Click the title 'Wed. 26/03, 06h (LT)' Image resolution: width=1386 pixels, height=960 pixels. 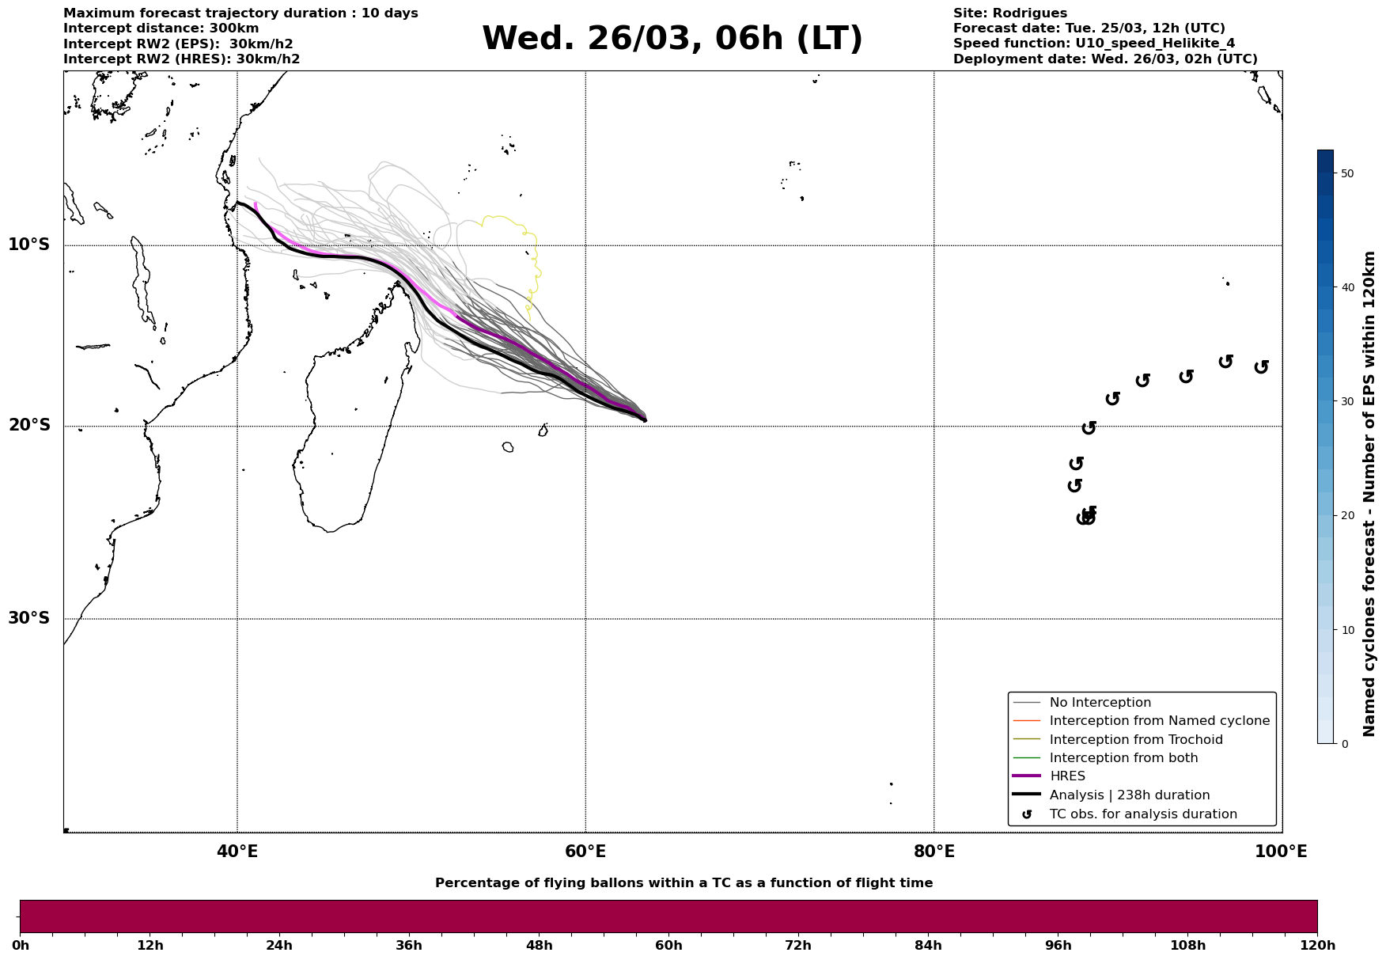(x=672, y=39)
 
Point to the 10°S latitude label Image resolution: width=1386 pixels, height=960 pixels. (x=29, y=245)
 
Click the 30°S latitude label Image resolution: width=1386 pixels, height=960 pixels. (x=29, y=618)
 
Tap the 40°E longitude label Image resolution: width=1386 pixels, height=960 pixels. (x=237, y=852)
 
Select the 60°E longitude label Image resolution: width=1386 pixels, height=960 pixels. (x=585, y=852)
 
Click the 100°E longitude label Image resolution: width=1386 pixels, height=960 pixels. (x=1281, y=852)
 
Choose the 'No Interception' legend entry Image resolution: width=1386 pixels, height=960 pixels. (x=1100, y=703)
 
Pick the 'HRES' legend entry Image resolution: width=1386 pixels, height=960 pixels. (x=1067, y=776)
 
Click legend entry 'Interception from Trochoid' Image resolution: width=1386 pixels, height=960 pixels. (x=1135, y=740)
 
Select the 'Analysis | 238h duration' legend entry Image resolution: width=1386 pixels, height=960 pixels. (x=1129, y=795)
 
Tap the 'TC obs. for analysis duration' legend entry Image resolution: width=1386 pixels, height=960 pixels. (x=1142, y=814)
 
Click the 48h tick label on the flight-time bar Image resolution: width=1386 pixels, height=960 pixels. (x=539, y=945)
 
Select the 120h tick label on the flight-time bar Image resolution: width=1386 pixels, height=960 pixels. (x=1317, y=945)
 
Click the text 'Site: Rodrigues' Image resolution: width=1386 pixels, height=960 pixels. (x=1009, y=13)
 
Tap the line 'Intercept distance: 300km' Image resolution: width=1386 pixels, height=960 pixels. (x=161, y=28)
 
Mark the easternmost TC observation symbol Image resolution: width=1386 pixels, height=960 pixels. (x=1262, y=366)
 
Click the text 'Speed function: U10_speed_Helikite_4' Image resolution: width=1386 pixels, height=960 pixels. (x=1093, y=44)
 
